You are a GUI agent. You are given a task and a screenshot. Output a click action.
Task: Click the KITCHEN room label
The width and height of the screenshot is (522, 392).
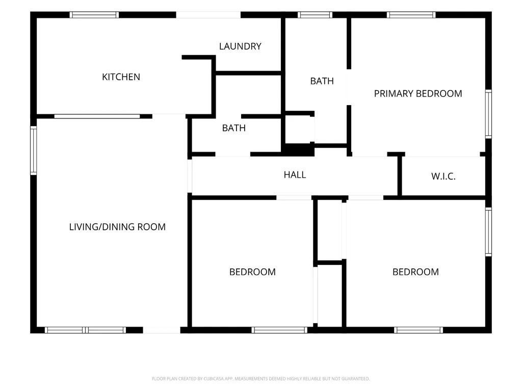pos(121,77)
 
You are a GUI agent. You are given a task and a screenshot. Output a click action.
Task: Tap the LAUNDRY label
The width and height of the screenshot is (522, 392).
pos(240,46)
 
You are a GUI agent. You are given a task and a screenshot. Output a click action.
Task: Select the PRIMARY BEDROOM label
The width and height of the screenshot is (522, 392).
pos(418,94)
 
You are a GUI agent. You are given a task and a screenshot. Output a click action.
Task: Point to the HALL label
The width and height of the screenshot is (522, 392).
pos(295,175)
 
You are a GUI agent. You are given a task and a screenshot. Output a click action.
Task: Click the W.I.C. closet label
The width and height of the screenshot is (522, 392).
pos(443,176)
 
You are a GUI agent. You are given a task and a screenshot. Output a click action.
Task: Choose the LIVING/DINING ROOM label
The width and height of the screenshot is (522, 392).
pos(117,227)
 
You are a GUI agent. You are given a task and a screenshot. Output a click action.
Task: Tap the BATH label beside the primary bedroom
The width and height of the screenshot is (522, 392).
pos(322,81)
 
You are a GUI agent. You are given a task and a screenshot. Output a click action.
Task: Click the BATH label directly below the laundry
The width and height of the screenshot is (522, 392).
pos(233,128)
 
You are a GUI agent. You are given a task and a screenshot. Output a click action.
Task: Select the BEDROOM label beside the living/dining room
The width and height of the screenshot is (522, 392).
pos(252,272)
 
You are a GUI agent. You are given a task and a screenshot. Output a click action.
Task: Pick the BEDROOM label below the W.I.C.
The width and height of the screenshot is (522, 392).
pos(415,272)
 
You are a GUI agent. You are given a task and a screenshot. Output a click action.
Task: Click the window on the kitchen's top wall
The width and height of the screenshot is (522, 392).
pos(94,15)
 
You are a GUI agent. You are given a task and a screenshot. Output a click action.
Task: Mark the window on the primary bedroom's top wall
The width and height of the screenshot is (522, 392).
pos(411,15)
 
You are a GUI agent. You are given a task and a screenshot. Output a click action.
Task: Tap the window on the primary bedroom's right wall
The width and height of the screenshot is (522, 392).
pos(488,114)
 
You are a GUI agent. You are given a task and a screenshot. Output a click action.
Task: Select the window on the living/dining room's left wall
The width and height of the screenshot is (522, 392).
pos(34,151)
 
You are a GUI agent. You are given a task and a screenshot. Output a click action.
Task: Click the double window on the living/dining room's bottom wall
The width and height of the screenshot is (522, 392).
pos(86,330)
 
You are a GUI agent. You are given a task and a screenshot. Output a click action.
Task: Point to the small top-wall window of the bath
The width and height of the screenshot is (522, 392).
pos(315,15)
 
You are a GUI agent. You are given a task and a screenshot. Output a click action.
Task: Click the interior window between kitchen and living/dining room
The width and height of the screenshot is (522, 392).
pos(97,116)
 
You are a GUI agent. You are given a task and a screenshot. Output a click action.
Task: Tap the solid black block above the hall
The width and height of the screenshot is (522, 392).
pos(298,150)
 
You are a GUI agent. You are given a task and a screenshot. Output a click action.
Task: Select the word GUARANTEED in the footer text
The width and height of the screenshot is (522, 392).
pos(356,379)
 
